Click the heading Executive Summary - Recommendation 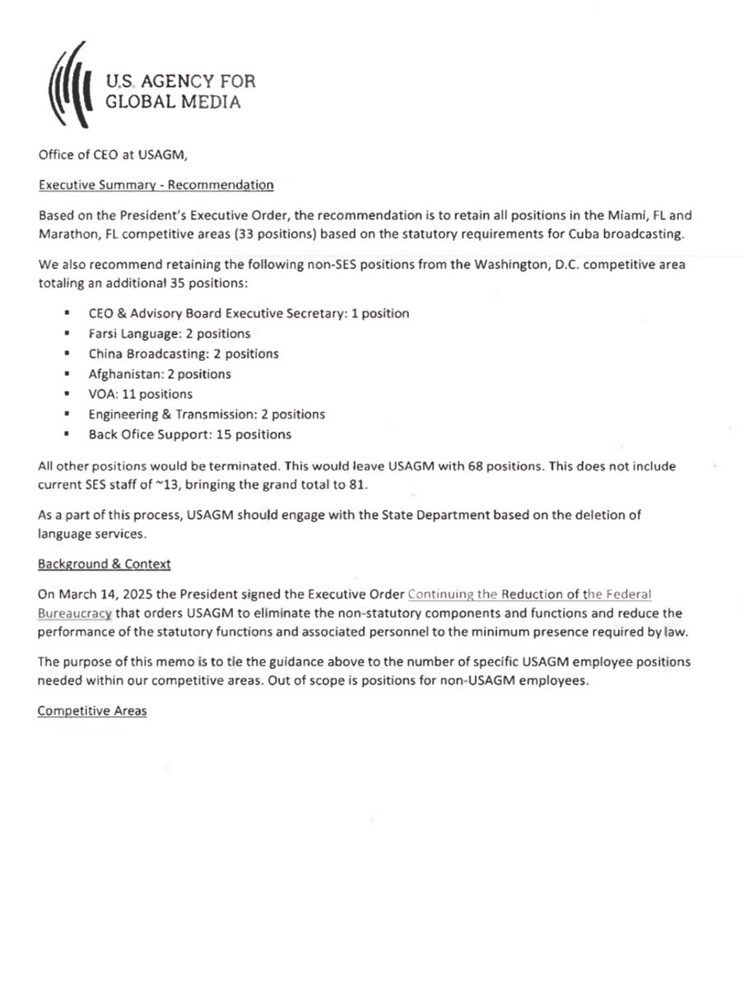[156, 185]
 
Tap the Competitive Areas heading [92, 711]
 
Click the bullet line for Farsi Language [169, 334]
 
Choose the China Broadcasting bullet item [183, 354]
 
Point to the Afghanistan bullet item [160, 374]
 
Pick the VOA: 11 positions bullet [140, 394]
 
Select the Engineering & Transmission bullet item [206, 415]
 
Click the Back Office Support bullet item [189, 434]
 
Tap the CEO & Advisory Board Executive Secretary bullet [248, 313]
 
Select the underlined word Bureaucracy [74, 613]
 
